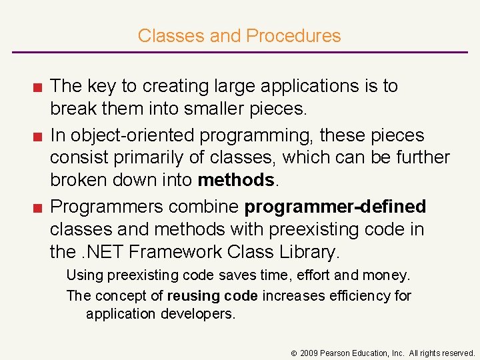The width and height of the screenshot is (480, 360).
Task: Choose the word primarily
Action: (168, 157)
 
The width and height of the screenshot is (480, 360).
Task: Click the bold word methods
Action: (236, 180)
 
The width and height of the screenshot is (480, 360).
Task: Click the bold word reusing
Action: (193, 295)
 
